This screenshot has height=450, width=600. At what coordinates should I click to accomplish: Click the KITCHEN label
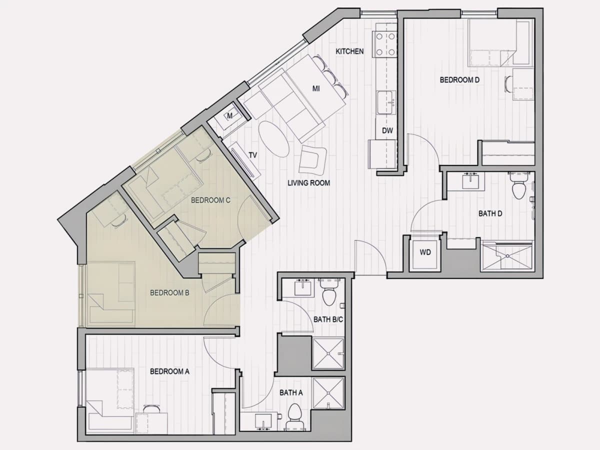349,51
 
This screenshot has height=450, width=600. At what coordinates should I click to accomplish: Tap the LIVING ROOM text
308,183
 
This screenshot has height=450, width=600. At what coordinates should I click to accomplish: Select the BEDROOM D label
459,80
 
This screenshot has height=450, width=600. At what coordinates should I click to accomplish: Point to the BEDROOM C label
210,200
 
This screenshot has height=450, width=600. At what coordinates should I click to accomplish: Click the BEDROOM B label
169,293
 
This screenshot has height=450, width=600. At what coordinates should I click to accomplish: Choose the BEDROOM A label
169,371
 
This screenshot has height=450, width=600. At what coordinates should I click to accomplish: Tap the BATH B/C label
328,319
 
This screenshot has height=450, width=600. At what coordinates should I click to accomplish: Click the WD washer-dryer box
425,254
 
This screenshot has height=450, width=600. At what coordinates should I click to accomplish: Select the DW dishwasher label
387,130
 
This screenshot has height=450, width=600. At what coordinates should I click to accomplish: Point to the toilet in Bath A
294,416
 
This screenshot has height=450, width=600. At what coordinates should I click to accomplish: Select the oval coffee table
273,139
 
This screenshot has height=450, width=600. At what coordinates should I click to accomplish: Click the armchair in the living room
312,160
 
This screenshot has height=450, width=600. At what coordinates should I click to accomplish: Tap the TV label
253,155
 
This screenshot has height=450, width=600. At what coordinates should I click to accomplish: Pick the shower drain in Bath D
507,256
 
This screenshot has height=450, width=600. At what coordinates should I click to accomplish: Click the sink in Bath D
470,181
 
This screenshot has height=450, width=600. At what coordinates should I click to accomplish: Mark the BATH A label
291,392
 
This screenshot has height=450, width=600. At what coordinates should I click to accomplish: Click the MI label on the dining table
316,88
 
